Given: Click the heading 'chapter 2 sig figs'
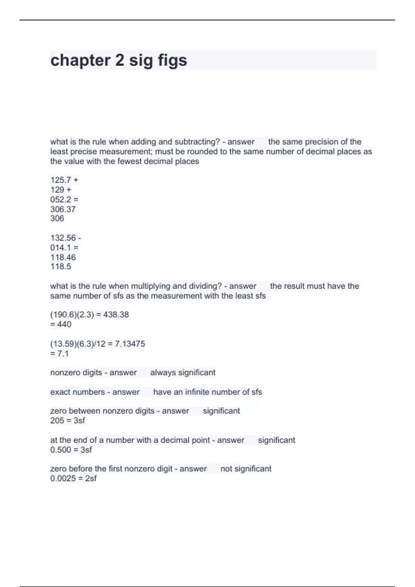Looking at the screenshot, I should pyautogui.click(x=119, y=60).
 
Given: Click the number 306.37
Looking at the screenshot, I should pyautogui.click(x=63, y=209).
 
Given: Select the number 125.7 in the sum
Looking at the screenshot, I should pyautogui.click(x=61, y=180).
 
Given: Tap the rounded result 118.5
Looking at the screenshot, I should pyautogui.click(x=61, y=267).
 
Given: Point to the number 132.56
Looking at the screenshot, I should pyautogui.click(x=63, y=238).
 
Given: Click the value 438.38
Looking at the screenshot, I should pyautogui.click(x=116, y=315).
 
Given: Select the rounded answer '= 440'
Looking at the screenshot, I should pyautogui.click(x=61, y=324).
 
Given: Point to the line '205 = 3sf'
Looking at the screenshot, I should pyautogui.click(x=67, y=421).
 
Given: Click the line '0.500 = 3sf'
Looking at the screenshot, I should pyautogui.click(x=71, y=450).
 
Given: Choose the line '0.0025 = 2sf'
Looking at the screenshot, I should pyautogui.click(x=73, y=478).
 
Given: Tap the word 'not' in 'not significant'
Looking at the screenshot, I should pyautogui.click(x=226, y=469).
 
